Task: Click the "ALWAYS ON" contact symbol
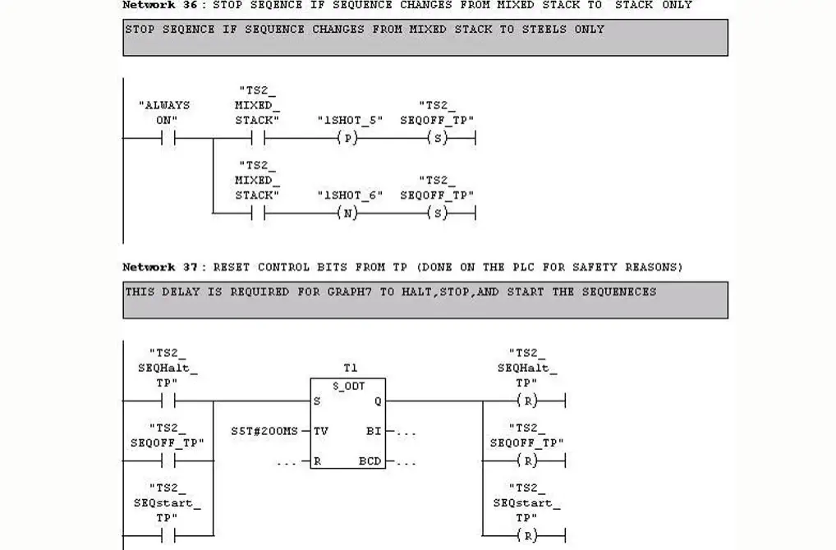pyautogui.click(x=168, y=139)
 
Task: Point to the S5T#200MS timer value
pyautogui.click(x=264, y=430)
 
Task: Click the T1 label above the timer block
pyautogui.click(x=350, y=369)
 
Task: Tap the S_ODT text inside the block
pyautogui.click(x=349, y=385)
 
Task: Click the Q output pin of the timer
pyautogui.click(x=377, y=401)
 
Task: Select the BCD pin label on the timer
pyautogui.click(x=370, y=461)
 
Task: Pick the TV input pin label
pyautogui.click(x=322, y=430)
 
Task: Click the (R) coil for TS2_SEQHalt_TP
pyautogui.click(x=530, y=401)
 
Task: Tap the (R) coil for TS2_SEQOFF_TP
pyautogui.click(x=530, y=461)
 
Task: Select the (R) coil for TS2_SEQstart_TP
pyautogui.click(x=530, y=536)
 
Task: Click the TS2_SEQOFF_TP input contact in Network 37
pyautogui.click(x=168, y=461)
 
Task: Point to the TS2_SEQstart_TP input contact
pyautogui.click(x=168, y=536)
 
